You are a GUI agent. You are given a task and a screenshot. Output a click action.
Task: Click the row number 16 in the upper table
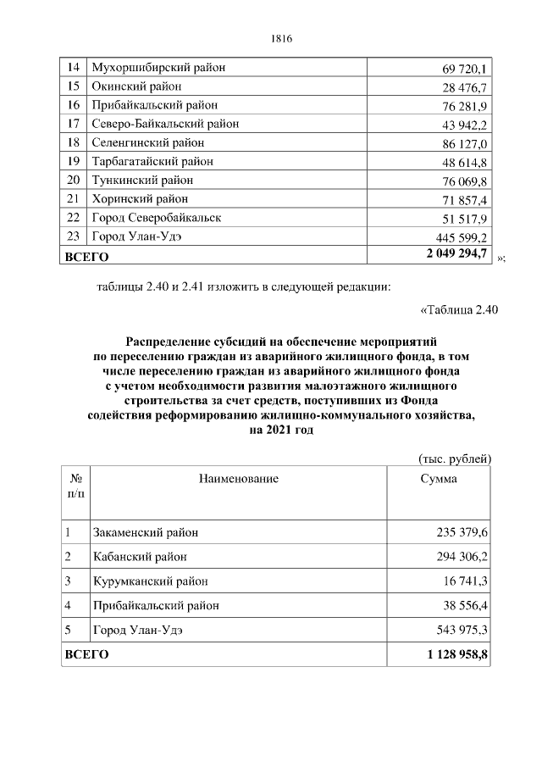click(74, 105)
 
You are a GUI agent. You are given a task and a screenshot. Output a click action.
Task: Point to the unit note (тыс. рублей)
click(456, 459)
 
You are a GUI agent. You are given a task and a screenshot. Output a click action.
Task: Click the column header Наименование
click(238, 480)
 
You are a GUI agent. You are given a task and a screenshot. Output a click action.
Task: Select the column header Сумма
click(439, 480)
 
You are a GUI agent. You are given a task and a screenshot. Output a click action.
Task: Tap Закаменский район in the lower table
click(145, 532)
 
